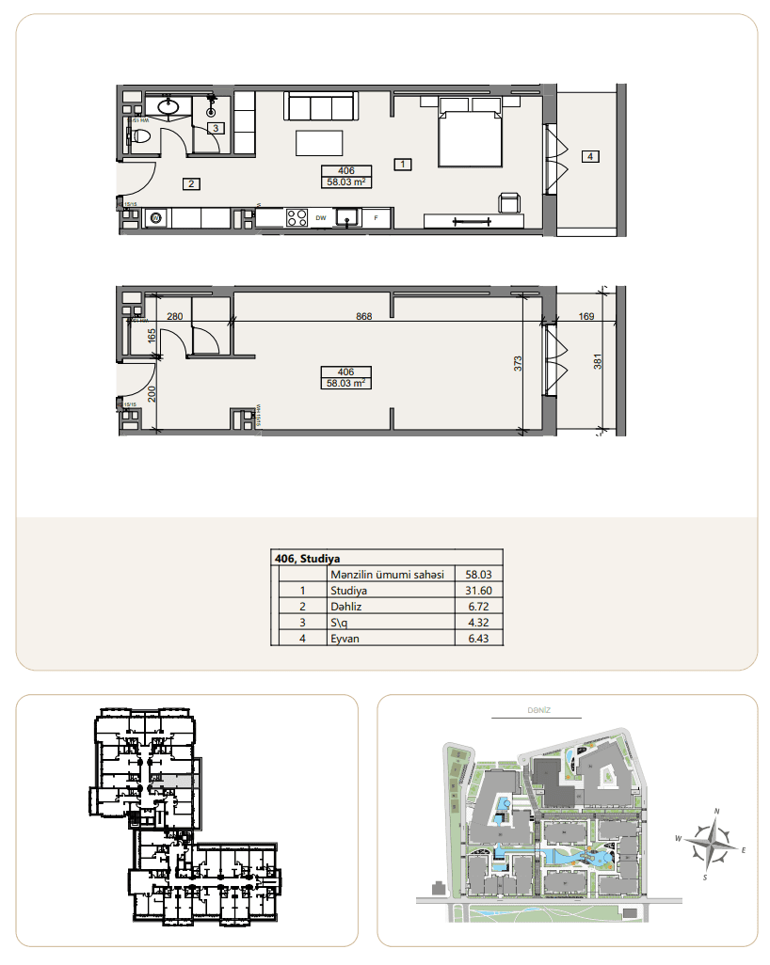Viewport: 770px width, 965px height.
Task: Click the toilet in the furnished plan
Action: [x=141, y=137]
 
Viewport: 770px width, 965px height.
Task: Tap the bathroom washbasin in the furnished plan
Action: [x=170, y=105]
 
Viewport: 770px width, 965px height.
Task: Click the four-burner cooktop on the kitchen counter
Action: [x=297, y=218]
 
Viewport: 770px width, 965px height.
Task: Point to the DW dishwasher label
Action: [x=321, y=218]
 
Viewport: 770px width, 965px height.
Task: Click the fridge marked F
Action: [x=377, y=218]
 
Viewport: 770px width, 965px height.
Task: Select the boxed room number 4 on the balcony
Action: [x=589, y=156]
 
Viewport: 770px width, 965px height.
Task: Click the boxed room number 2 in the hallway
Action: [x=191, y=183]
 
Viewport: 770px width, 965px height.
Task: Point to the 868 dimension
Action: [x=364, y=317]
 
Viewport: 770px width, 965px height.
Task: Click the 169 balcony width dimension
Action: [x=586, y=317]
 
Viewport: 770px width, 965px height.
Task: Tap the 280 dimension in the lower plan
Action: [x=174, y=317]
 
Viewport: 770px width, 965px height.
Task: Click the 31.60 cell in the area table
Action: [x=479, y=591]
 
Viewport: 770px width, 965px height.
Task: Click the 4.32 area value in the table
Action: [x=479, y=623]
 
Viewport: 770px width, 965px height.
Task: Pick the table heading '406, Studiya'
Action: [x=308, y=558]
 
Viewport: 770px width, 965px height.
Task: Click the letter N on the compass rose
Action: [x=717, y=810]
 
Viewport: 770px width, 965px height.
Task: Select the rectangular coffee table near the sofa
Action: [x=319, y=143]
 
